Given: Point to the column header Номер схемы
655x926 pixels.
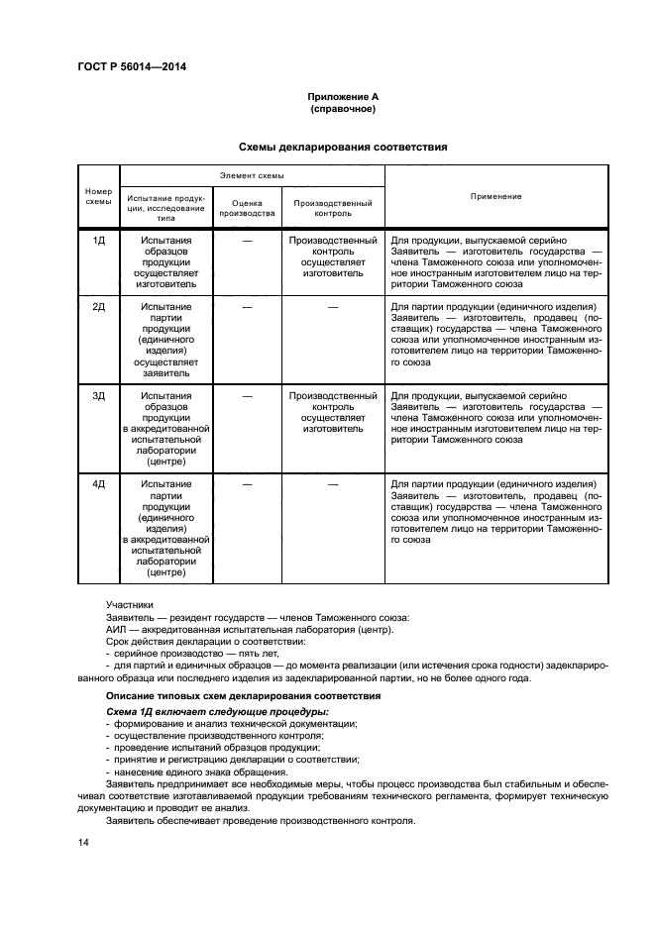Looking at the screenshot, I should point(99,196).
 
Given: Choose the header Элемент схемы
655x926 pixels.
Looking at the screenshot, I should point(251,174).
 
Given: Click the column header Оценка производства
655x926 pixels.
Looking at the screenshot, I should point(247,207).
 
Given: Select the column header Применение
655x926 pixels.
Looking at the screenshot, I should point(496,196).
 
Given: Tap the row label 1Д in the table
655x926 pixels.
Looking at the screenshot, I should point(99,241).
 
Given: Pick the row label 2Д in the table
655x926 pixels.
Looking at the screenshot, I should point(99,307).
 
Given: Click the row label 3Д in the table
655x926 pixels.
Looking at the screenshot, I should point(99,396).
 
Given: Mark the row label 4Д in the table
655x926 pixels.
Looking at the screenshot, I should point(99,484).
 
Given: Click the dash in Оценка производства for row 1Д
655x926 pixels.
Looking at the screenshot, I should point(247,241).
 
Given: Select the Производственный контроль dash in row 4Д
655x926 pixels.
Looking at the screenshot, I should point(333,484).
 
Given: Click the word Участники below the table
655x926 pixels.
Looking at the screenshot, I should point(130,604).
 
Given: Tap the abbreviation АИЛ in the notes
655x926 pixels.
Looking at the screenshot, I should point(117,630).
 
